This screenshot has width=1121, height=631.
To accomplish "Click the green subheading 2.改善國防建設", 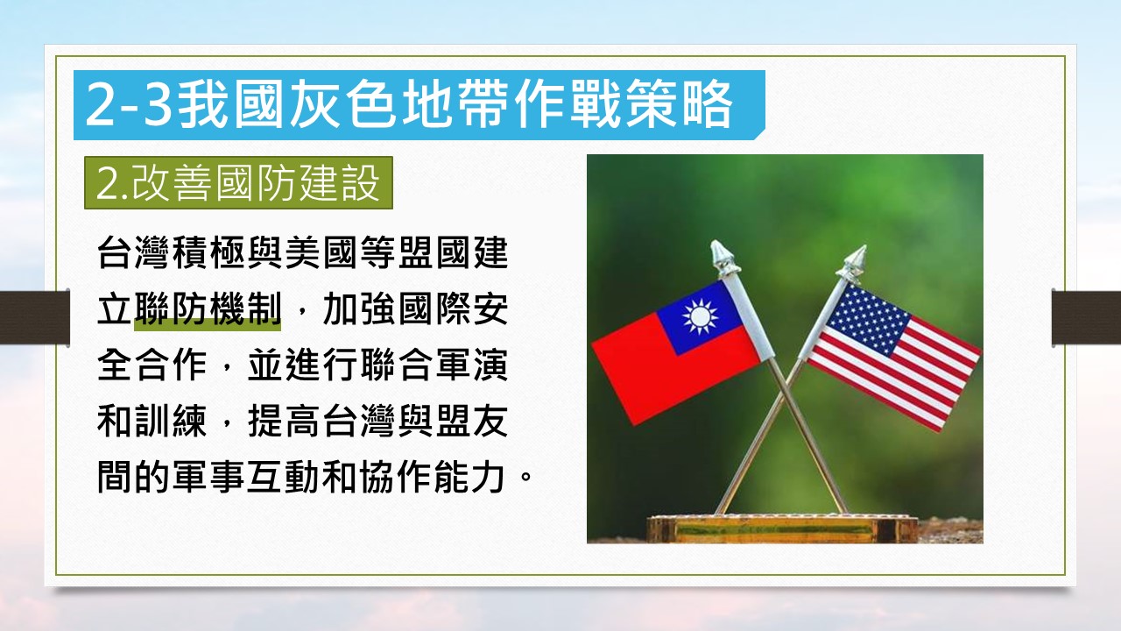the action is click(238, 183).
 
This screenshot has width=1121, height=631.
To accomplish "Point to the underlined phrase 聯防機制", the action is click(208, 309).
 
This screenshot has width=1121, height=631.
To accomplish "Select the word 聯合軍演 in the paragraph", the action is click(434, 365).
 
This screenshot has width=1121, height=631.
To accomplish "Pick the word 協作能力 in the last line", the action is click(432, 478).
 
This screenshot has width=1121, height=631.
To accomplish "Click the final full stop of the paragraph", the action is click(525, 474).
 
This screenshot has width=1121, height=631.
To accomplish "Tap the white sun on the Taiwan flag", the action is click(700, 316).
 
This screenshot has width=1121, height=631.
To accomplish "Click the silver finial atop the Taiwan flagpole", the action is click(723, 259).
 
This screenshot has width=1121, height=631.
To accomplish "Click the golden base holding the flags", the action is click(782, 528).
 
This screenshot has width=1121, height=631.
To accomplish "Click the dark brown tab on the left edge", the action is click(34, 317).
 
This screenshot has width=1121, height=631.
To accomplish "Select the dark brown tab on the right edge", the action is click(1087, 317).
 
